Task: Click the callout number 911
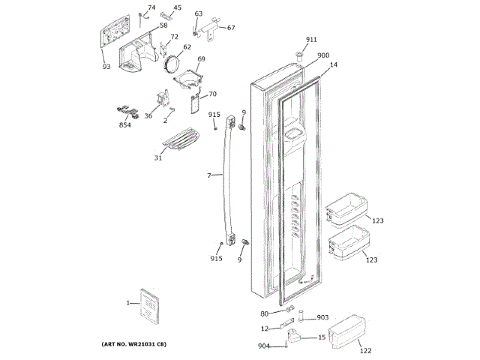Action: pyautogui.click(x=311, y=39)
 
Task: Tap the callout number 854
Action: pyautogui.click(x=124, y=124)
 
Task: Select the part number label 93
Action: pyautogui.click(x=106, y=67)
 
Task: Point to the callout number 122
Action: pyautogui.click(x=365, y=349)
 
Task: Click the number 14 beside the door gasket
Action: pyautogui.click(x=333, y=65)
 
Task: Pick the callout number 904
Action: pyautogui.click(x=264, y=346)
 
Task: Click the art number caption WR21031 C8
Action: pyautogui.click(x=133, y=343)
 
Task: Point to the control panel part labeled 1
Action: pyautogui.click(x=150, y=305)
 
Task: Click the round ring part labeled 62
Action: pyautogui.click(x=172, y=64)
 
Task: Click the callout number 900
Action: pyautogui.click(x=322, y=55)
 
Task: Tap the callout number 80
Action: pyautogui.click(x=264, y=313)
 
